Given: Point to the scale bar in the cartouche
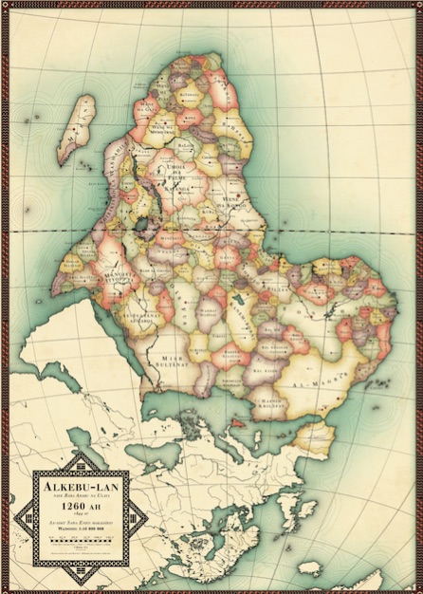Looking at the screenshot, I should click(x=80, y=536).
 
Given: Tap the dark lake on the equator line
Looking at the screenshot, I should click(x=142, y=225).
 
